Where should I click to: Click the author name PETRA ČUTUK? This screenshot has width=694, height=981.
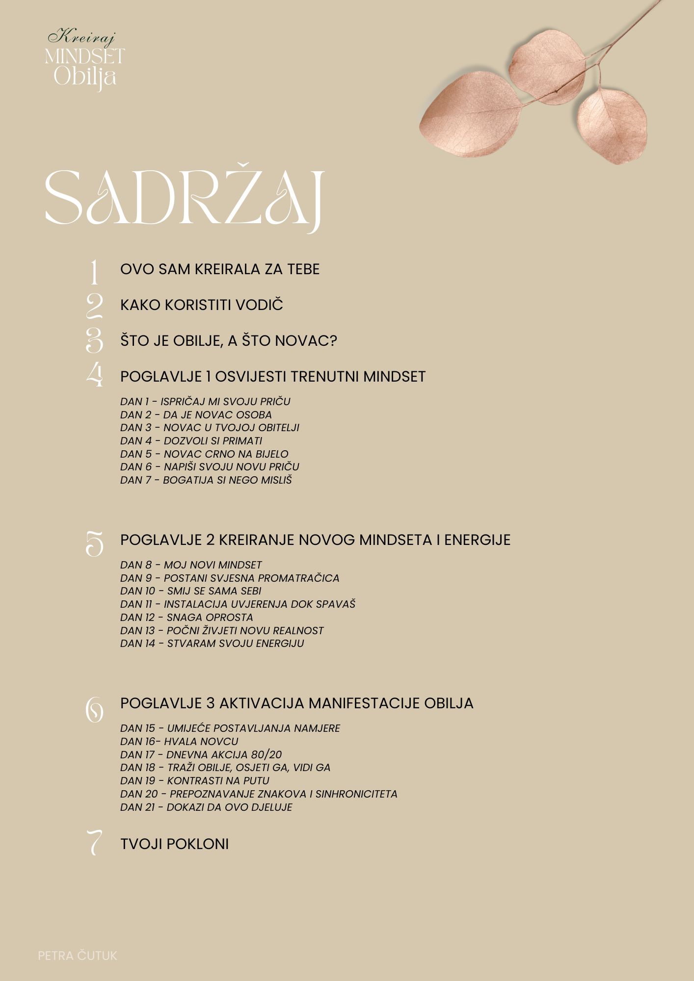pos(78,955)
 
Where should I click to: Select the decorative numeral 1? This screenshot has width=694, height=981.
pos(94,273)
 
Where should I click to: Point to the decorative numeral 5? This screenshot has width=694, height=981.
pos(94,543)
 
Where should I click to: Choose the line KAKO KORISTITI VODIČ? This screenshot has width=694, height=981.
pos(202,305)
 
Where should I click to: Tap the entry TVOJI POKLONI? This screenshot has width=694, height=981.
pos(174,844)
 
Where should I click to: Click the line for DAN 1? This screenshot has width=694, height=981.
pos(205,401)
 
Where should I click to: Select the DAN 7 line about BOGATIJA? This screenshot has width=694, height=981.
pos(206,480)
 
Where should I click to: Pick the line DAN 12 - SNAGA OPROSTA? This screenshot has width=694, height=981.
pos(187,617)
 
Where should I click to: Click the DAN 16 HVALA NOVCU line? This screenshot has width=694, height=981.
pos(179,741)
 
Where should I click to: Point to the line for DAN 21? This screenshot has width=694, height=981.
pos(206,807)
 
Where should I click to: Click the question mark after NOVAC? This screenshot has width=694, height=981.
pos(333,341)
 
